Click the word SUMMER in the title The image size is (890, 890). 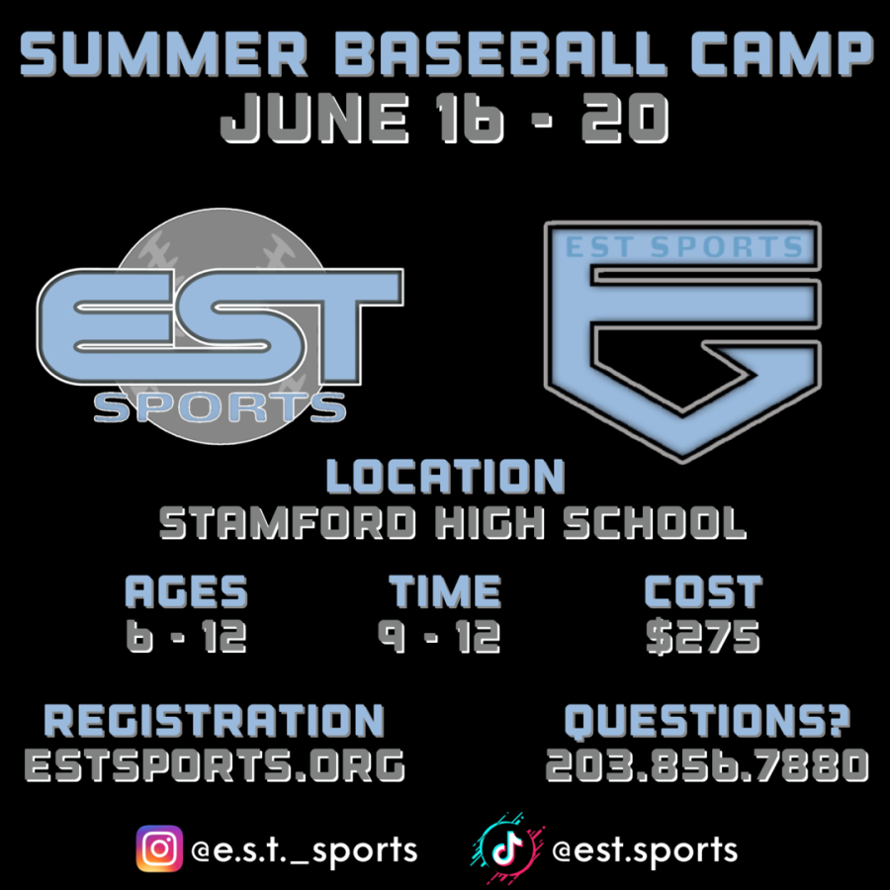[163, 53]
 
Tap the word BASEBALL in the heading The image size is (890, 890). [499, 53]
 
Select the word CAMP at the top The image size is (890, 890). [782, 53]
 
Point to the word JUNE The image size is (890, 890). [314, 118]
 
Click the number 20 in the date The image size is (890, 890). [624, 118]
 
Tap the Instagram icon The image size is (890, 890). [159, 848]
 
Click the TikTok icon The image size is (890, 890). [507, 848]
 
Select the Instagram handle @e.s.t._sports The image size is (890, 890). [305, 850]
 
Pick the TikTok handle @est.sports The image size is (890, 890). [645, 850]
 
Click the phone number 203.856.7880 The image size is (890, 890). [707, 765]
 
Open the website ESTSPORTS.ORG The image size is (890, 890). [215, 765]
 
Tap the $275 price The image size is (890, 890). [703, 636]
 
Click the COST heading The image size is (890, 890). [703, 591]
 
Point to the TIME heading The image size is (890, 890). [445, 591]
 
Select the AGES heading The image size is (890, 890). [186, 591]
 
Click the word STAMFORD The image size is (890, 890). [287, 522]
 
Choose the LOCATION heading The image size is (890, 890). [446, 477]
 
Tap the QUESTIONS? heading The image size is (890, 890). [707, 722]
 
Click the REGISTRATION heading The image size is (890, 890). [215, 722]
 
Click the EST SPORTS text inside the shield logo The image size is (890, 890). [684, 247]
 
